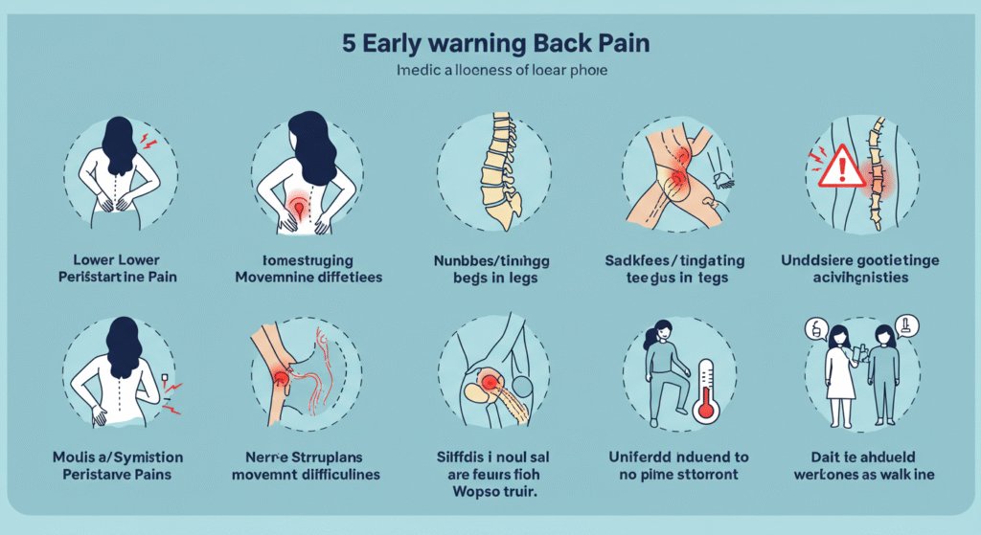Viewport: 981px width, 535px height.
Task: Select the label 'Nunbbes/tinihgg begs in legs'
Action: [491, 269]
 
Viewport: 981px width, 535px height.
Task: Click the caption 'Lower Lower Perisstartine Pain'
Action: [121, 269]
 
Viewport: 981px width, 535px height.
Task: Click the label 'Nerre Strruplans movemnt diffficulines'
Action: [307, 465]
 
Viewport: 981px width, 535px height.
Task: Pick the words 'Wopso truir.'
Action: [491, 495]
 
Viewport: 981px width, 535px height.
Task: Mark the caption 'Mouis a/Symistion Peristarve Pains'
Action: [121, 465]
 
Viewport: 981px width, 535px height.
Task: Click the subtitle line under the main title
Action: [490, 72]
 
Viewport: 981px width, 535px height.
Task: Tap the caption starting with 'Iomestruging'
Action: [307, 269]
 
